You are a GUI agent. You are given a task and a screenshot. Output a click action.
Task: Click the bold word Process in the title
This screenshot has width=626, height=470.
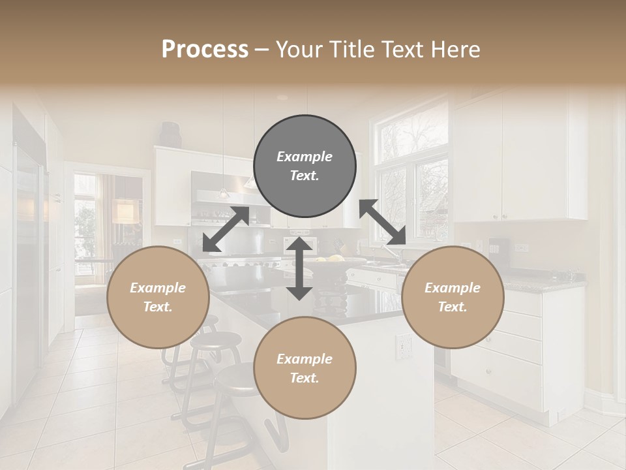(205, 50)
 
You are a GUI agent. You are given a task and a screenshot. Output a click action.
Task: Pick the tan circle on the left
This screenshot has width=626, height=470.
(158, 297)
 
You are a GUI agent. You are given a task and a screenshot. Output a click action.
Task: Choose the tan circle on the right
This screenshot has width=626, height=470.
(453, 297)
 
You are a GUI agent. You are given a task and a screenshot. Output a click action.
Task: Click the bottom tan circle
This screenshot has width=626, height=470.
(305, 368)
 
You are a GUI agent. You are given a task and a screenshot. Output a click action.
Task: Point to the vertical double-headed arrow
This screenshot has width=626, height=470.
(299, 268)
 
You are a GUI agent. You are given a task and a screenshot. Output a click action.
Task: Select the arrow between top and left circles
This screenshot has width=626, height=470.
(226, 229)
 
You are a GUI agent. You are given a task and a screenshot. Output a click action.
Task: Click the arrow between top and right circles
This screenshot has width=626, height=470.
(383, 223)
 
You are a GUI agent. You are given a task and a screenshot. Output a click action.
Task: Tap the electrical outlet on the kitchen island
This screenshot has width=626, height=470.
(404, 347)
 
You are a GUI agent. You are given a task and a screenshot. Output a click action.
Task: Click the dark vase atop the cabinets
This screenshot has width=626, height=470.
(171, 134)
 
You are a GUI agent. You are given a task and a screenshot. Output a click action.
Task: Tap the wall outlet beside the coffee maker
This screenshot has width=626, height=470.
(522, 249)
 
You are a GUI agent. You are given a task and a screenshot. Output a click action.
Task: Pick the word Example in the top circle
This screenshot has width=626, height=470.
(305, 157)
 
